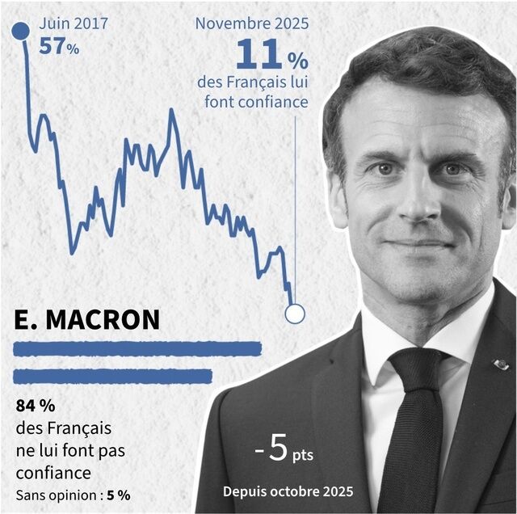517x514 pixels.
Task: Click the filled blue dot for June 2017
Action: (21, 32)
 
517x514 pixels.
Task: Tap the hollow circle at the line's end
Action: (295, 314)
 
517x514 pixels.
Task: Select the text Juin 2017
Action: (74, 23)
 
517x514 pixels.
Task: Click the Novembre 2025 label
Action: (251, 23)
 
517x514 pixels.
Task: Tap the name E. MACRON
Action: (87, 319)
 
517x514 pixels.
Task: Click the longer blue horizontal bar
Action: (138, 349)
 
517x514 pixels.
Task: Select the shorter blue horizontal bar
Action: (113, 376)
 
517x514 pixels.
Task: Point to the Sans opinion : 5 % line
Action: (72, 495)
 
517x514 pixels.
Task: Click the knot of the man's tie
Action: (414, 374)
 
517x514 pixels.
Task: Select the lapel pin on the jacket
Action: (501, 364)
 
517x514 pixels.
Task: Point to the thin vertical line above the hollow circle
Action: (295, 210)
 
